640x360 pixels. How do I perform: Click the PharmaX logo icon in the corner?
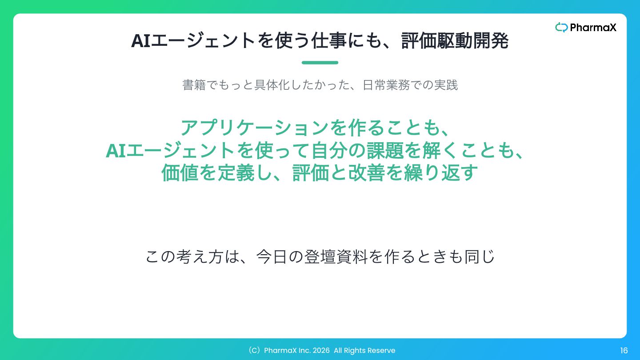point(561,28)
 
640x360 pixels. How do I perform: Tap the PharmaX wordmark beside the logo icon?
point(593,28)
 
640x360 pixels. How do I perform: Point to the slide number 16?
point(624,351)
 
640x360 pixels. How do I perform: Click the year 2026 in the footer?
point(321,351)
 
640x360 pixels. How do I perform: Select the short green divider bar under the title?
point(320,63)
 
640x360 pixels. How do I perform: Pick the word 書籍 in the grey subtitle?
point(194,85)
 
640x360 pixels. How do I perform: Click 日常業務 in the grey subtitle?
point(386,85)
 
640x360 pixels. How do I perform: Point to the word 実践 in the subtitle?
point(446,85)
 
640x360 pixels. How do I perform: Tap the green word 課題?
point(385,151)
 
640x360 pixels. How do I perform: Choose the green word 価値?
point(180,173)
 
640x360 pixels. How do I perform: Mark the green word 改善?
point(367,173)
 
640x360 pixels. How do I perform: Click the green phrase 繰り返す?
point(441,173)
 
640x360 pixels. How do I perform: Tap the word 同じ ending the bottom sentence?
point(480,256)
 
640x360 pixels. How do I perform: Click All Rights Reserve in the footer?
point(364,351)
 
